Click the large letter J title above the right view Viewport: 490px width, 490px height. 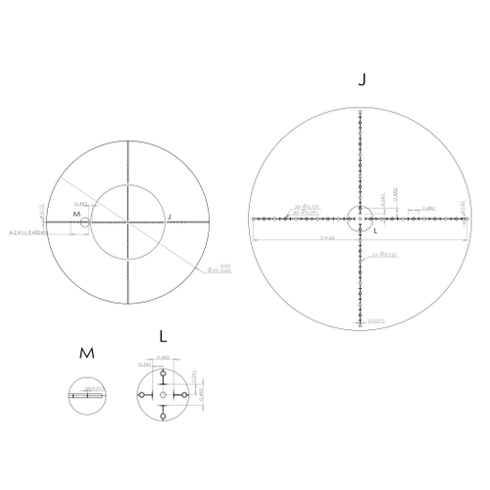click(x=363, y=80)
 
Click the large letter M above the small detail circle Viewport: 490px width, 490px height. click(x=86, y=351)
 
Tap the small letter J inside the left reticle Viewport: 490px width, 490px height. click(x=169, y=216)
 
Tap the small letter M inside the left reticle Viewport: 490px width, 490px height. click(x=75, y=214)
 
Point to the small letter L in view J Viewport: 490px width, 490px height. click(x=374, y=231)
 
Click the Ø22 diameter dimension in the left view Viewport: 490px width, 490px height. click(x=224, y=269)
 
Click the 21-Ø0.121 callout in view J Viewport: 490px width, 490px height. click(x=385, y=255)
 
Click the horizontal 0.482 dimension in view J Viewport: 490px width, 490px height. click(x=427, y=209)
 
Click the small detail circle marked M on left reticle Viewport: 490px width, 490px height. click(x=85, y=222)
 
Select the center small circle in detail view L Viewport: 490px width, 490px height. click(x=163, y=394)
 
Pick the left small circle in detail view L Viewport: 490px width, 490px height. click(x=143, y=394)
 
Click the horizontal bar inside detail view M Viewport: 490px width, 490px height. click(x=86, y=396)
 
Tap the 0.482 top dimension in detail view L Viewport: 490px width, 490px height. click(x=163, y=358)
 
